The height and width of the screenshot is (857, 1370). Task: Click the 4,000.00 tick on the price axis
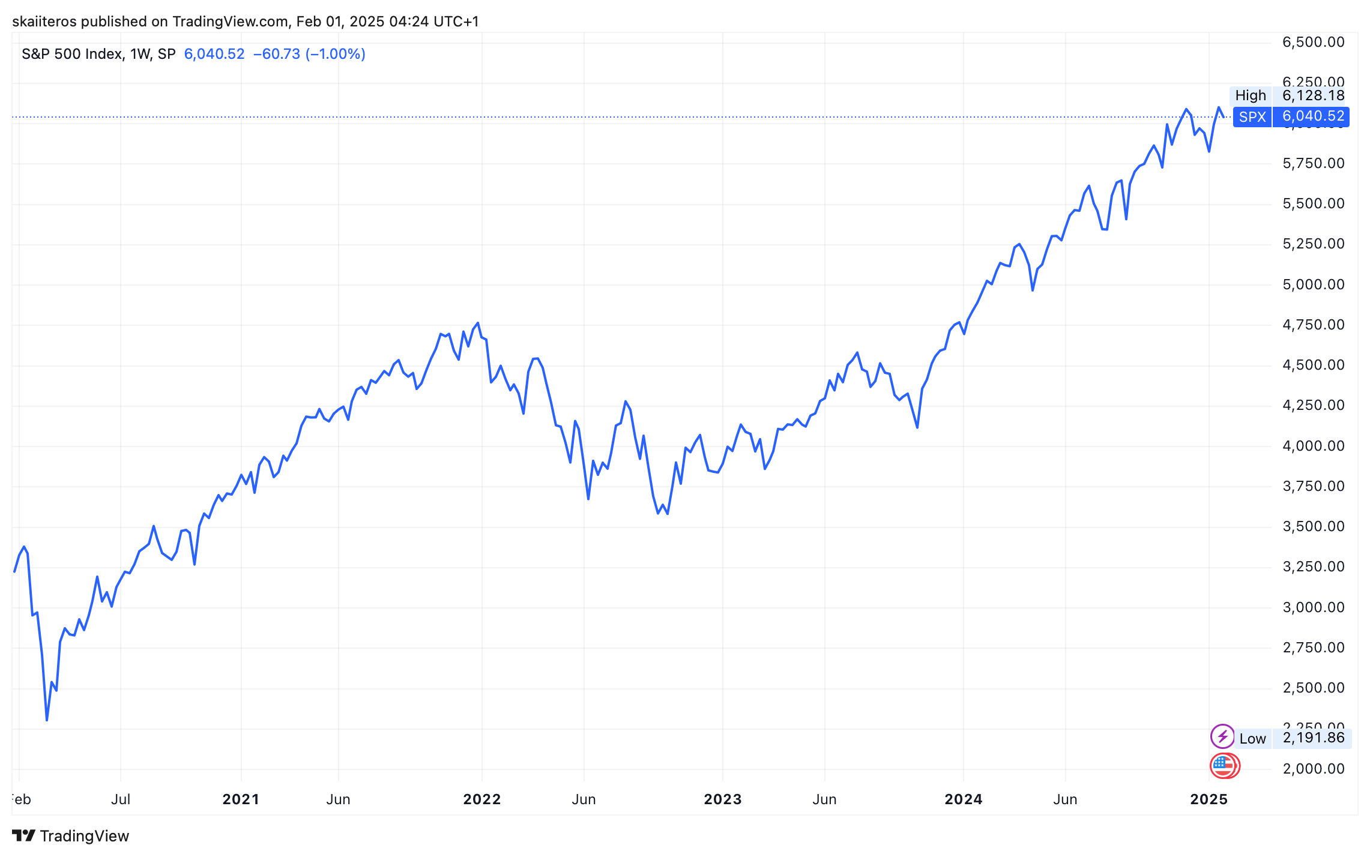pyautogui.click(x=1313, y=446)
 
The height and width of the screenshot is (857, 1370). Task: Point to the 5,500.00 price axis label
pyautogui.click(x=1313, y=203)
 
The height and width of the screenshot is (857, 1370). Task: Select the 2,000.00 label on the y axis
pyautogui.click(x=1313, y=769)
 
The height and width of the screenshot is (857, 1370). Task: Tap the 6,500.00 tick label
pyautogui.click(x=1313, y=42)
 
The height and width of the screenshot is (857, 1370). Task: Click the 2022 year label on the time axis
pyautogui.click(x=481, y=799)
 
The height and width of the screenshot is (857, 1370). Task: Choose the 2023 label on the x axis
pyautogui.click(x=722, y=799)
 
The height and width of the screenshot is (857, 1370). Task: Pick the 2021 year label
pyautogui.click(x=240, y=799)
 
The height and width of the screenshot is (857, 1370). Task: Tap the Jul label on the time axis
pyautogui.click(x=121, y=799)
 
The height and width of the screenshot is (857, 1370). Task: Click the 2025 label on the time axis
pyautogui.click(x=1209, y=799)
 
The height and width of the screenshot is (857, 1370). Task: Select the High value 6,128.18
pyautogui.click(x=1313, y=95)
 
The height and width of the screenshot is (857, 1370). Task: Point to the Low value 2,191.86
pyautogui.click(x=1313, y=738)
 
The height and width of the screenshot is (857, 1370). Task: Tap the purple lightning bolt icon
pyautogui.click(x=1222, y=736)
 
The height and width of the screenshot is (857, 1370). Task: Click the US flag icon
pyautogui.click(x=1224, y=766)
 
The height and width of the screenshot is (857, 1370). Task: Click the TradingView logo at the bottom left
pyautogui.click(x=70, y=835)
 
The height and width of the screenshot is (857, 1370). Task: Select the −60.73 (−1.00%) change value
pyautogui.click(x=309, y=54)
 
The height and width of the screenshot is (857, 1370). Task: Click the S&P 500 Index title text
pyautogui.click(x=72, y=54)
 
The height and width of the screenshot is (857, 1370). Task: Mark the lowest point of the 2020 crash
pyautogui.click(x=47, y=720)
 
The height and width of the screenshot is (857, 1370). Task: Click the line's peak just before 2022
pyautogui.click(x=477, y=323)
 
